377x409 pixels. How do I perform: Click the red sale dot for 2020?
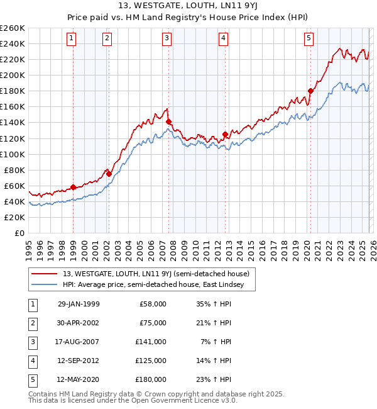tap(310, 91)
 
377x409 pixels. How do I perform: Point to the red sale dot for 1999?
tap(74, 187)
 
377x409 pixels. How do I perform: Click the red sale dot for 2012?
tap(225, 134)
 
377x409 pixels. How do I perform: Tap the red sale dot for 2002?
tap(109, 174)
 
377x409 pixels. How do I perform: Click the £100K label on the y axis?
tap(13, 154)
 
